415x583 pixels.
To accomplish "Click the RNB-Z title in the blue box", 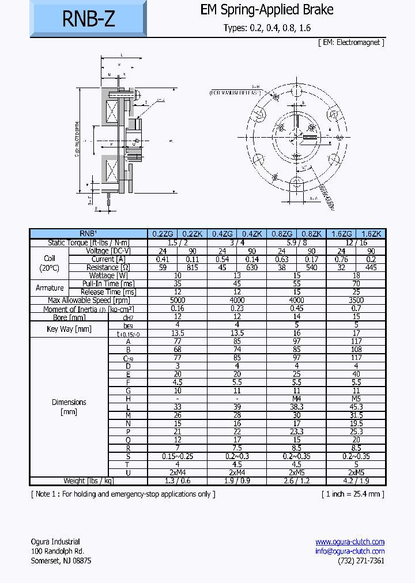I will coord(88,19).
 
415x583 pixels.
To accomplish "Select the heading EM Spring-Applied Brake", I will coord(267,10).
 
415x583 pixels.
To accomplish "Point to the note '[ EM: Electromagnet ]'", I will coord(350,42).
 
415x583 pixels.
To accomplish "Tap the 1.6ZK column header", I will coord(371,234).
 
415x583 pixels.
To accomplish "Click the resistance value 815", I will coord(193,267).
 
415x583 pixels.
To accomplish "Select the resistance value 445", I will coord(371,267).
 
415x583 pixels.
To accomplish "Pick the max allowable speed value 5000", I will coord(178,300).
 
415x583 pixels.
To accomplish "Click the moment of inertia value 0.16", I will coord(178,309).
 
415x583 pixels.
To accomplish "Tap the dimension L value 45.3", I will coord(356,407).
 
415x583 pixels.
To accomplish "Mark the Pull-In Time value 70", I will coord(356,283).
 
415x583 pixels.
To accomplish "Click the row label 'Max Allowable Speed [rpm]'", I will coord(89,300).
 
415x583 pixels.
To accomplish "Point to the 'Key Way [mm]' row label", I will coord(69,329).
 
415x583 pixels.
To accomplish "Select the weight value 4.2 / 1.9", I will coord(356,481).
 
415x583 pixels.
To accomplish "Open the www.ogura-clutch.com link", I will coord(350,542).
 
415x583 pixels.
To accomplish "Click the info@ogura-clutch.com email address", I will coord(350,551).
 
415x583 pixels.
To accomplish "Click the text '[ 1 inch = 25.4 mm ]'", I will coord(353,494).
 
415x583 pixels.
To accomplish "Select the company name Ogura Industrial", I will coord(55,542).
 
